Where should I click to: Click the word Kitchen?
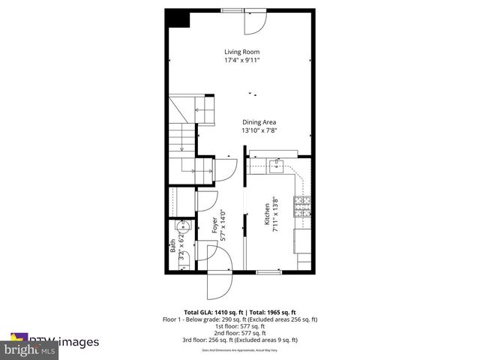pos(265,215)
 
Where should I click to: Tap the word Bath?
pos(172,244)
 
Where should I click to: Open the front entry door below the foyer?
pos(220,283)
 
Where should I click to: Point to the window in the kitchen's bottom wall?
pos(268,272)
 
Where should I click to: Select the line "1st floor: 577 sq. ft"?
pos(240,326)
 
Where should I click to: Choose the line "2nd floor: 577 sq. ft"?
pos(240,333)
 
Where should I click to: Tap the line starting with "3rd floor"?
pos(240,340)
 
